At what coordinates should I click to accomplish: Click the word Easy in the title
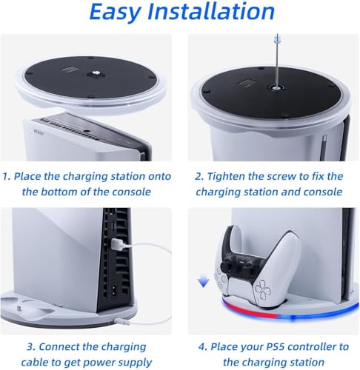point(116,13)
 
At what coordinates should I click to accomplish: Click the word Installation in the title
point(211,11)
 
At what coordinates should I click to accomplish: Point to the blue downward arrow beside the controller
point(204,282)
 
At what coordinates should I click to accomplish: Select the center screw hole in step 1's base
point(96,73)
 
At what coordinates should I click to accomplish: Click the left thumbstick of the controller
point(226,266)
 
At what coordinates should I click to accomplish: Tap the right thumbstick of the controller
point(247,269)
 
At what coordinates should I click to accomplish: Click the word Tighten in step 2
point(226,177)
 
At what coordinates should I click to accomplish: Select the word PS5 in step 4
point(273,346)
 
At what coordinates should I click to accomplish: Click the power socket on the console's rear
point(115,289)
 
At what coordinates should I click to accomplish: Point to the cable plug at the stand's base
point(121,322)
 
